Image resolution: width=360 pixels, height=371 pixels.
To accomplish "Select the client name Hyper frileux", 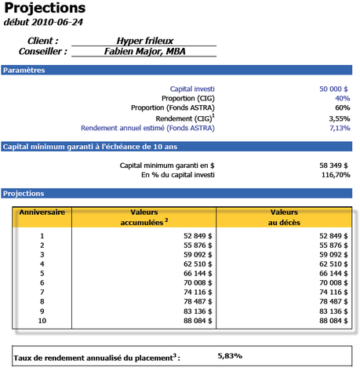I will pos(146,40).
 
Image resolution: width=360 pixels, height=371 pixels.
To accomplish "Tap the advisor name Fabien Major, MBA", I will pos(146,52).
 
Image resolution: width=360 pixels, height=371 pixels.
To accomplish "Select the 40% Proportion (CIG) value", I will pos(342,98).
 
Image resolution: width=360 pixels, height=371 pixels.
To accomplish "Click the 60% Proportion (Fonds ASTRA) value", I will pos(342,107).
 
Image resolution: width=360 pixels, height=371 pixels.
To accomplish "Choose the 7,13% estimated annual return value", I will pos(338,128).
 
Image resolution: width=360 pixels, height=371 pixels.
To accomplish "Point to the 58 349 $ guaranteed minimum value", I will pos(333,165).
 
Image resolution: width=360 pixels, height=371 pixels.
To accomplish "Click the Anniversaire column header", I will pos(43,212).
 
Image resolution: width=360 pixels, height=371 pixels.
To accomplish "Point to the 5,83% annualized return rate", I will pos(230,355).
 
